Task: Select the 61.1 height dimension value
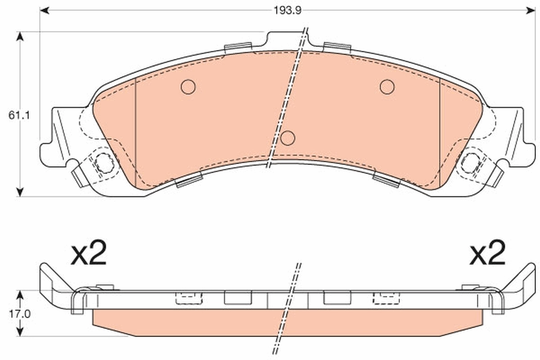point(18,115)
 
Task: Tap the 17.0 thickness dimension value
point(18,314)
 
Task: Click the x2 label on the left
point(89,255)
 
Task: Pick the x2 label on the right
point(487,255)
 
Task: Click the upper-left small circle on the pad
point(188,86)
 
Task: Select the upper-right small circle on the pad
point(387,86)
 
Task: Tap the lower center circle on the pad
point(288,138)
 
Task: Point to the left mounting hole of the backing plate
point(104,162)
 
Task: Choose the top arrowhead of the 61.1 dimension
point(19,36)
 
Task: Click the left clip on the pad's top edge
point(238,47)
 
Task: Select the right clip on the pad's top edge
point(337,47)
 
